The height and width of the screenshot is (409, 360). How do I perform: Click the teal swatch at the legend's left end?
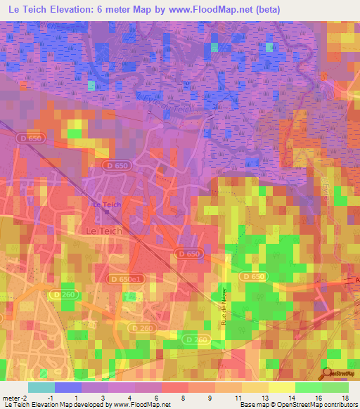pos(41,387)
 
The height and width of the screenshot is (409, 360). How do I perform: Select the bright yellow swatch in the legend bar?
pos(282,387)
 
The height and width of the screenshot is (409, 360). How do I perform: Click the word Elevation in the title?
pos(71,11)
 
